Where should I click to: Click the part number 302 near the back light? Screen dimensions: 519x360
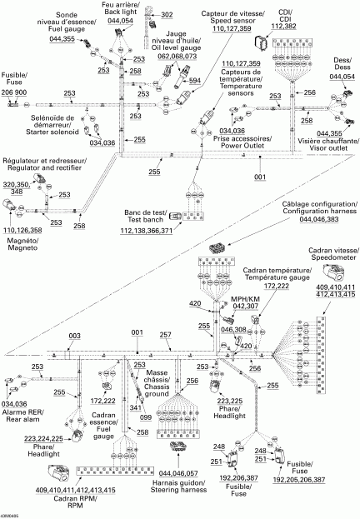[167, 15]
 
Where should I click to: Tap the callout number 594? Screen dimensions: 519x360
[195, 81]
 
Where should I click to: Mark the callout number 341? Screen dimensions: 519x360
[135, 385]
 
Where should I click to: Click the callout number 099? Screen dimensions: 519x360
[146, 393]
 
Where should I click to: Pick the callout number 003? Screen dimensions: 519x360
[75, 333]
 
